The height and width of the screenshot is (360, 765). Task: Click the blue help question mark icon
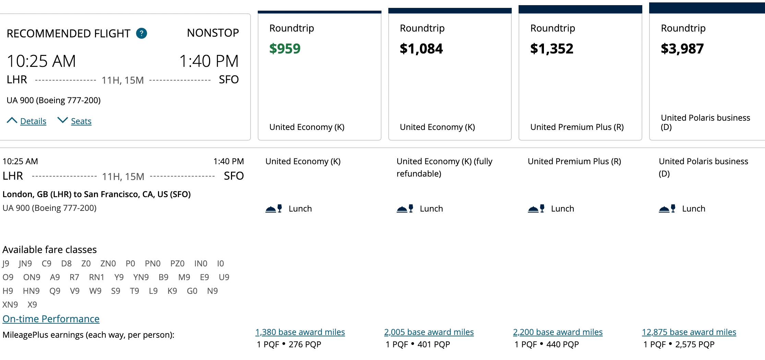[x=142, y=33]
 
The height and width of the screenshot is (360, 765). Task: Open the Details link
[x=33, y=121]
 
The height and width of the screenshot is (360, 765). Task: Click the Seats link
[x=81, y=121]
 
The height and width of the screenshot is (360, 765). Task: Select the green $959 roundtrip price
[x=285, y=49]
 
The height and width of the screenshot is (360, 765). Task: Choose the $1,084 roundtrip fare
[x=421, y=49]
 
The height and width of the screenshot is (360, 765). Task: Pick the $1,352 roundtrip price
[x=551, y=49]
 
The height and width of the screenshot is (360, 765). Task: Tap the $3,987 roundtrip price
[x=682, y=49]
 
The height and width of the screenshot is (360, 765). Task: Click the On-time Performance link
[x=51, y=319]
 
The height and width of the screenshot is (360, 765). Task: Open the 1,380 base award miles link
[x=300, y=332]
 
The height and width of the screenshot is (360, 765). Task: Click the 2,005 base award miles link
[x=429, y=332]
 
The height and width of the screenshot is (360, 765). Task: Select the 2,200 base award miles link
[x=558, y=332]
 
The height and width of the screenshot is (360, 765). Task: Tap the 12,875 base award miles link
[x=689, y=332]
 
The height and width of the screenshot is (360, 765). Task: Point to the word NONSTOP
[x=213, y=33]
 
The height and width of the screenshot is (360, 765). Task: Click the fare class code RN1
[x=96, y=277]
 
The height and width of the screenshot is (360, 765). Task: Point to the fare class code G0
[x=192, y=291]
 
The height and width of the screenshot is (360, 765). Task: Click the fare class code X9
[x=32, y=304]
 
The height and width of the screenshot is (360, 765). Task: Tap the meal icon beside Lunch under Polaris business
[x=667, y=208]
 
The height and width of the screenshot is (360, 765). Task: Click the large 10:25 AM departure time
[x=41, y=61]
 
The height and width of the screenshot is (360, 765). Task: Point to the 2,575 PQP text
[x=695, y=344]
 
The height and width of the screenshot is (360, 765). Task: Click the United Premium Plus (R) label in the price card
[x=577, y=127]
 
